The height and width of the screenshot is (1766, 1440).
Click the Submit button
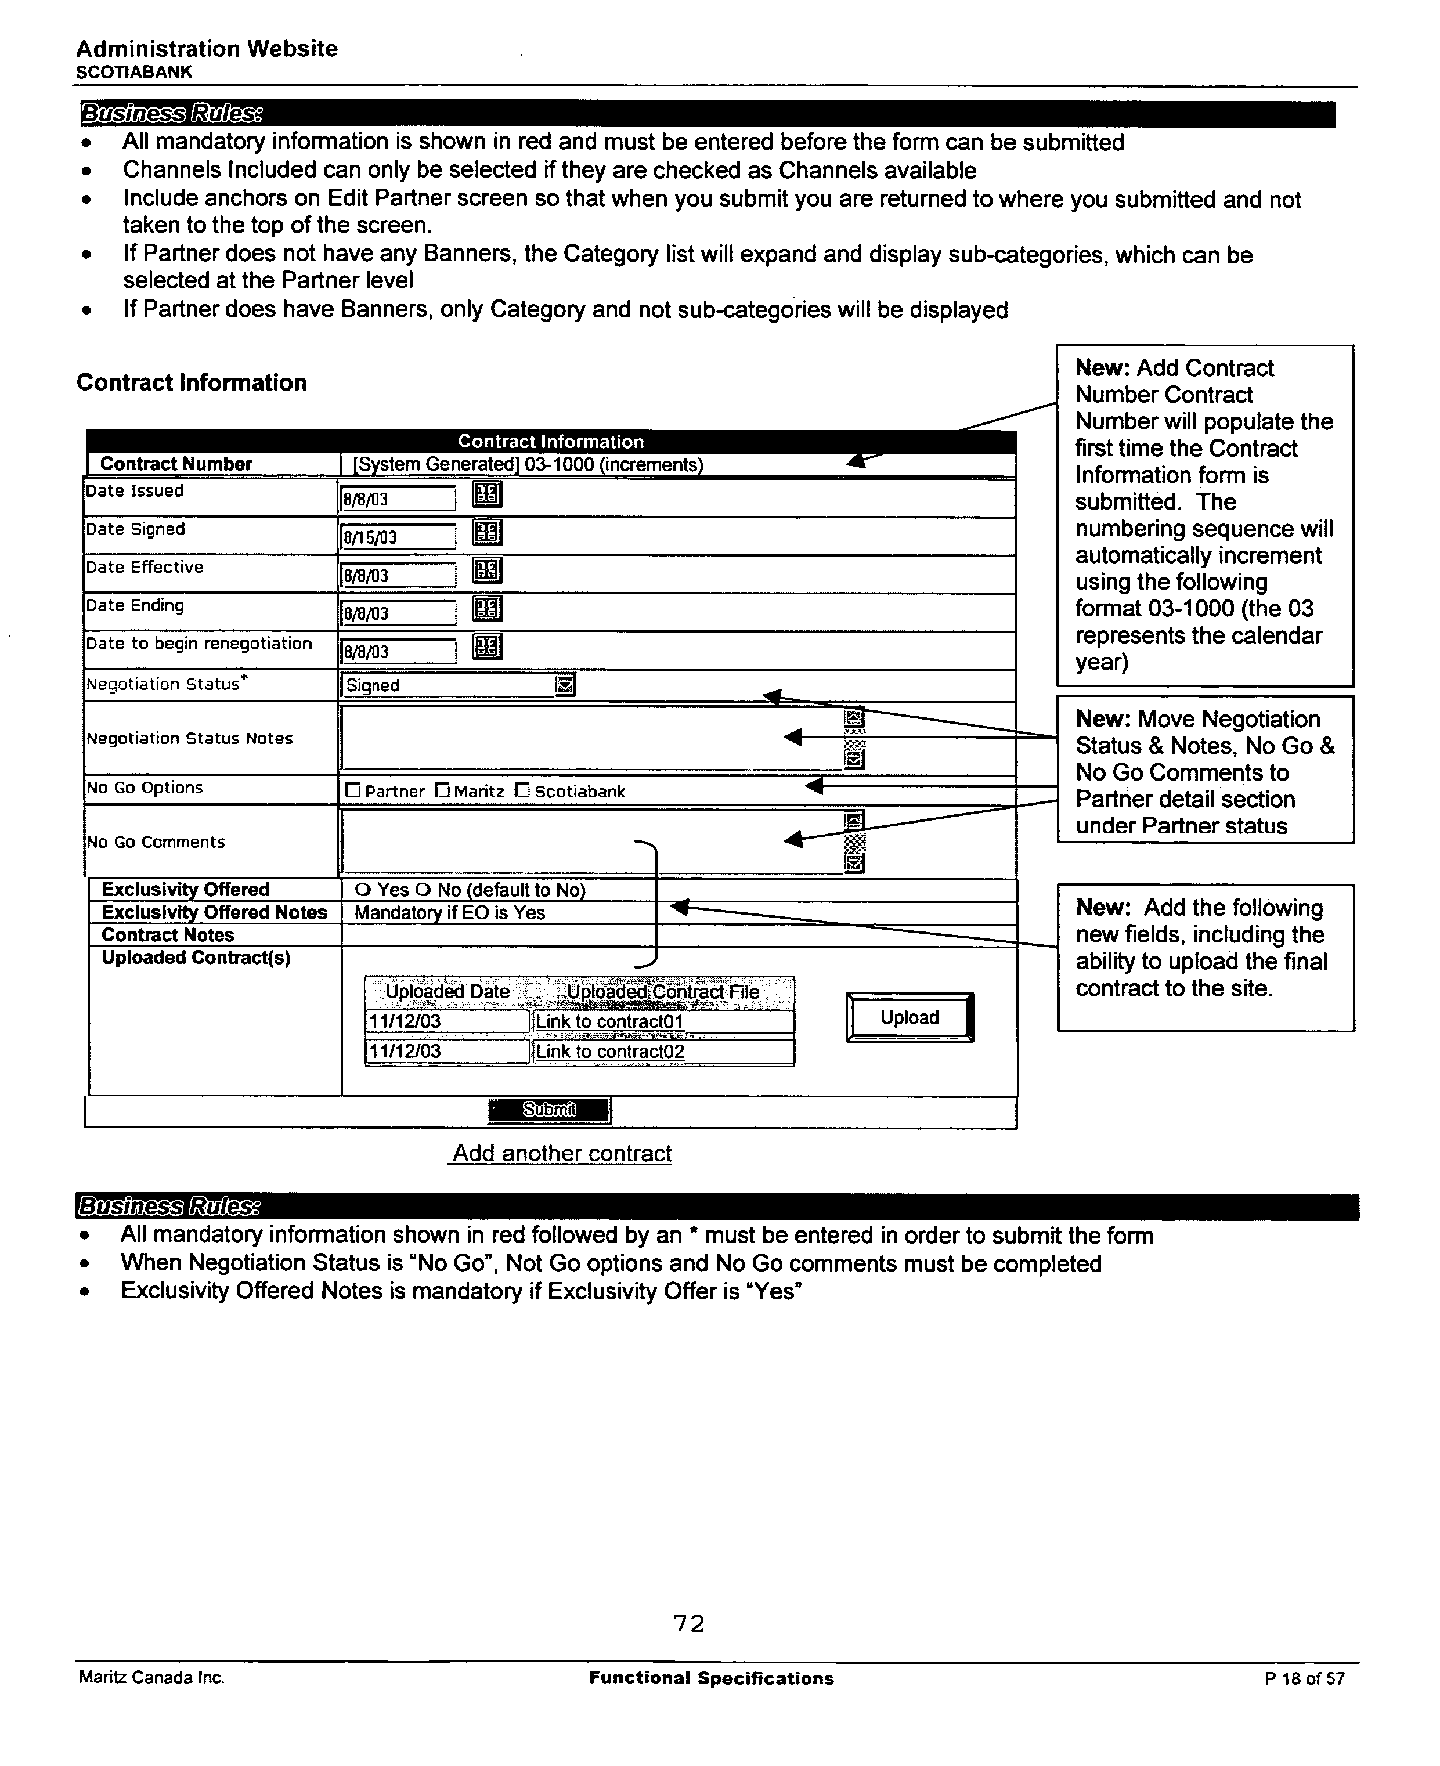coord(548,1110)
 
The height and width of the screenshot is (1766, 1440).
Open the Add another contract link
coord(562,1154)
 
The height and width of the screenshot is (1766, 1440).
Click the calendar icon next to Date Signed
coord(487,533)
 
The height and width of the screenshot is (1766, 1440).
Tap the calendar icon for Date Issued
coord(487,494)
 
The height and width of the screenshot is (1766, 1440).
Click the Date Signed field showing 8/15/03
coord(398,537)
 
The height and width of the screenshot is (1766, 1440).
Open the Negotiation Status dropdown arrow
coord(565,685)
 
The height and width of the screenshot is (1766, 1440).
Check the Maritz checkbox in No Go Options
coord(443,790)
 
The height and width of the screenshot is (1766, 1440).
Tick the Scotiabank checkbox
coord(522,790)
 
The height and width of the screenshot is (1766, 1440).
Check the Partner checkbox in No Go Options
coord(352,790)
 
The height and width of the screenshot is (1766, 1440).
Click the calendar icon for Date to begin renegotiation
coord(487,647)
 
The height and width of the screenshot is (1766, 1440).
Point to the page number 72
coord(688,1623)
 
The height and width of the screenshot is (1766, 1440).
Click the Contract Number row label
coord(176,464)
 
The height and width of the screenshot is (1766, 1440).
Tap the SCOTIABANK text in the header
coord(133,72)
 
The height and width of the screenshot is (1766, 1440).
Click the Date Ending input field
coord(398,613)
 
